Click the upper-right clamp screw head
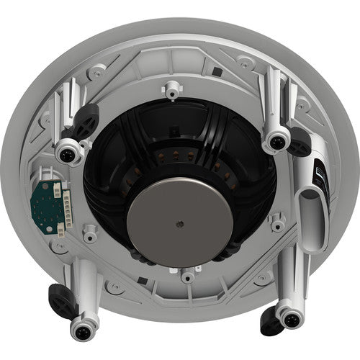pos(275,139)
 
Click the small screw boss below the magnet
pos(188,275)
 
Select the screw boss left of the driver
pos(89,233)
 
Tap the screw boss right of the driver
pos(277,224)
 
